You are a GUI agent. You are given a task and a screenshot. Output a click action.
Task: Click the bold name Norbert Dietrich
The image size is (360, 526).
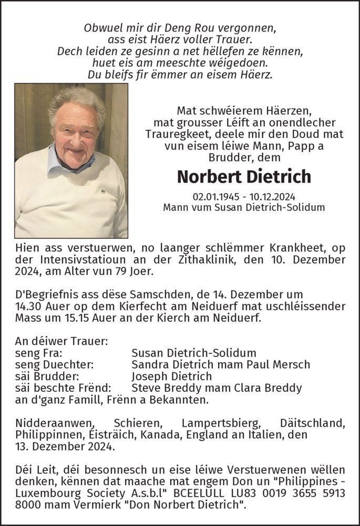(x=244, y=176)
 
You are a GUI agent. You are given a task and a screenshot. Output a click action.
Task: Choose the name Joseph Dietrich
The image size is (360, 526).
(x=171, y=376)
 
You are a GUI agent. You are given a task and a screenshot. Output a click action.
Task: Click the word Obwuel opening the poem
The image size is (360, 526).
(x=104, y=28)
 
